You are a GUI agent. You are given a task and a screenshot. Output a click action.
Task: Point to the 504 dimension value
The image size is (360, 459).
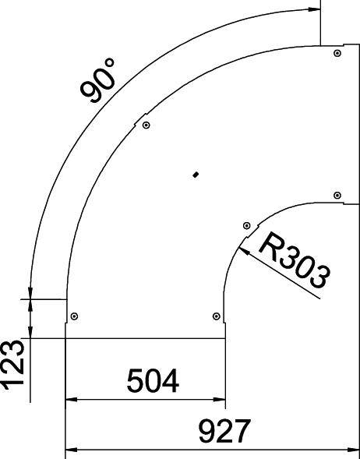click(152, 382)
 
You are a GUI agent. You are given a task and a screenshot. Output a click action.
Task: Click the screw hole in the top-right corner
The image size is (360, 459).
click(336, 53)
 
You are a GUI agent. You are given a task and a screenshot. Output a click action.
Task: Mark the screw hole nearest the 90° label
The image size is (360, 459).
click(146, 125)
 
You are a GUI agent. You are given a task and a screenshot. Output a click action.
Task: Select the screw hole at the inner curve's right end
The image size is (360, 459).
click(336, 195)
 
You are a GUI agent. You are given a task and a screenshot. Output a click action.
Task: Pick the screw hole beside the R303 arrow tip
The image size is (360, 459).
click(247, 225)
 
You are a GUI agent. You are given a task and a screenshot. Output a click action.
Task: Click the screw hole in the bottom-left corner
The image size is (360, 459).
click(74, 316)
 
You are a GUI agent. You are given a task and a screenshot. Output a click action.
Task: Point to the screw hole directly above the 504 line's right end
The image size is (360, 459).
click(216, 316)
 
